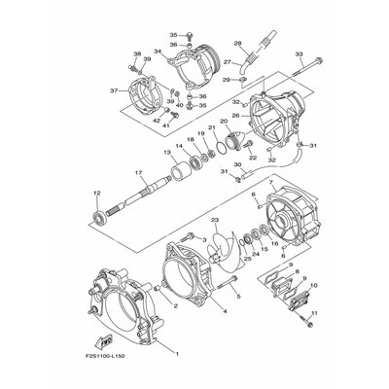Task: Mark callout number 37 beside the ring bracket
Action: (x=114, y=91)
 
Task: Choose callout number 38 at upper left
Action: (x=136, y=53)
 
